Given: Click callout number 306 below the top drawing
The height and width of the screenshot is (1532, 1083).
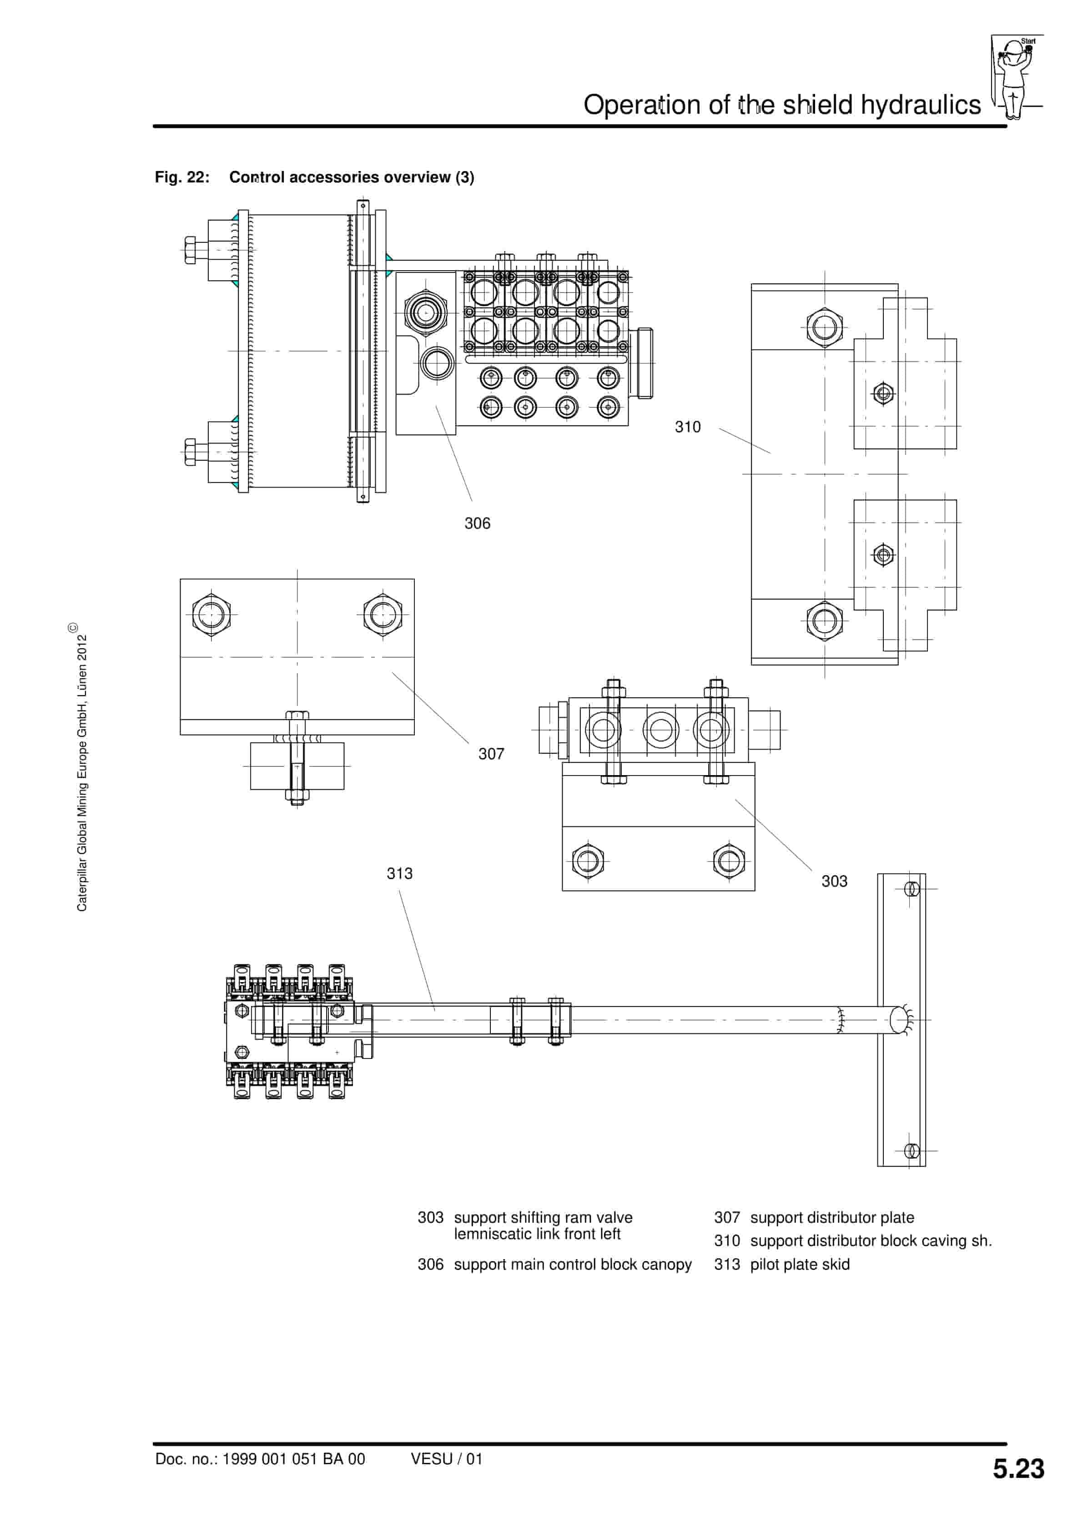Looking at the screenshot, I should (x=477, y=523).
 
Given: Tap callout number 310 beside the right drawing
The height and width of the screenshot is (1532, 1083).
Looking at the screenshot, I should (x=687, y=427).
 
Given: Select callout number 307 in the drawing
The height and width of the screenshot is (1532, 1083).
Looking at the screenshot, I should (x=491, y=754).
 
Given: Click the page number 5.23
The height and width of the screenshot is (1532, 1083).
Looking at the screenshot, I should (x=1018, y=1469).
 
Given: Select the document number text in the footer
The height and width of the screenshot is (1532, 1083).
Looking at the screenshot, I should (x=260, y=1459).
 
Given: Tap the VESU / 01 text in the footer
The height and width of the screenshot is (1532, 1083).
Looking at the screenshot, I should (x=446, y=1459).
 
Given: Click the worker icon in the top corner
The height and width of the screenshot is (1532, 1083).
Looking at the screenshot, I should (x=1014, y=77).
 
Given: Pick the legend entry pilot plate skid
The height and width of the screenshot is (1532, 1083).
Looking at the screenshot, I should (x=800, y=1265).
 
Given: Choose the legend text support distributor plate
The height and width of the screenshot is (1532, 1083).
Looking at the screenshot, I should (x=831, y=1217).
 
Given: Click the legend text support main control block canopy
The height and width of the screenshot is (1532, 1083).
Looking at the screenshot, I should (x=573, y=1265).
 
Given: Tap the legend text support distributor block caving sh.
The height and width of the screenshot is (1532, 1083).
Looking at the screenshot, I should (x=870, y=1240).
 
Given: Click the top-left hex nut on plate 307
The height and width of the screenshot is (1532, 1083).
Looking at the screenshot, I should (x=212, y=614).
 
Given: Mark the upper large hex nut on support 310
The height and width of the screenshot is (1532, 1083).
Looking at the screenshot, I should (x=825, y=328).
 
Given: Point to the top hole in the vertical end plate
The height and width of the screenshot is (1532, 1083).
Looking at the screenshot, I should (x=912, y=889).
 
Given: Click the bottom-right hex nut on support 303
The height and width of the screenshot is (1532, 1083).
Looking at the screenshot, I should (x=729, y=861).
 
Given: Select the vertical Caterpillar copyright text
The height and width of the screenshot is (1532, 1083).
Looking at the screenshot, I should (x=81, y=767).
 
